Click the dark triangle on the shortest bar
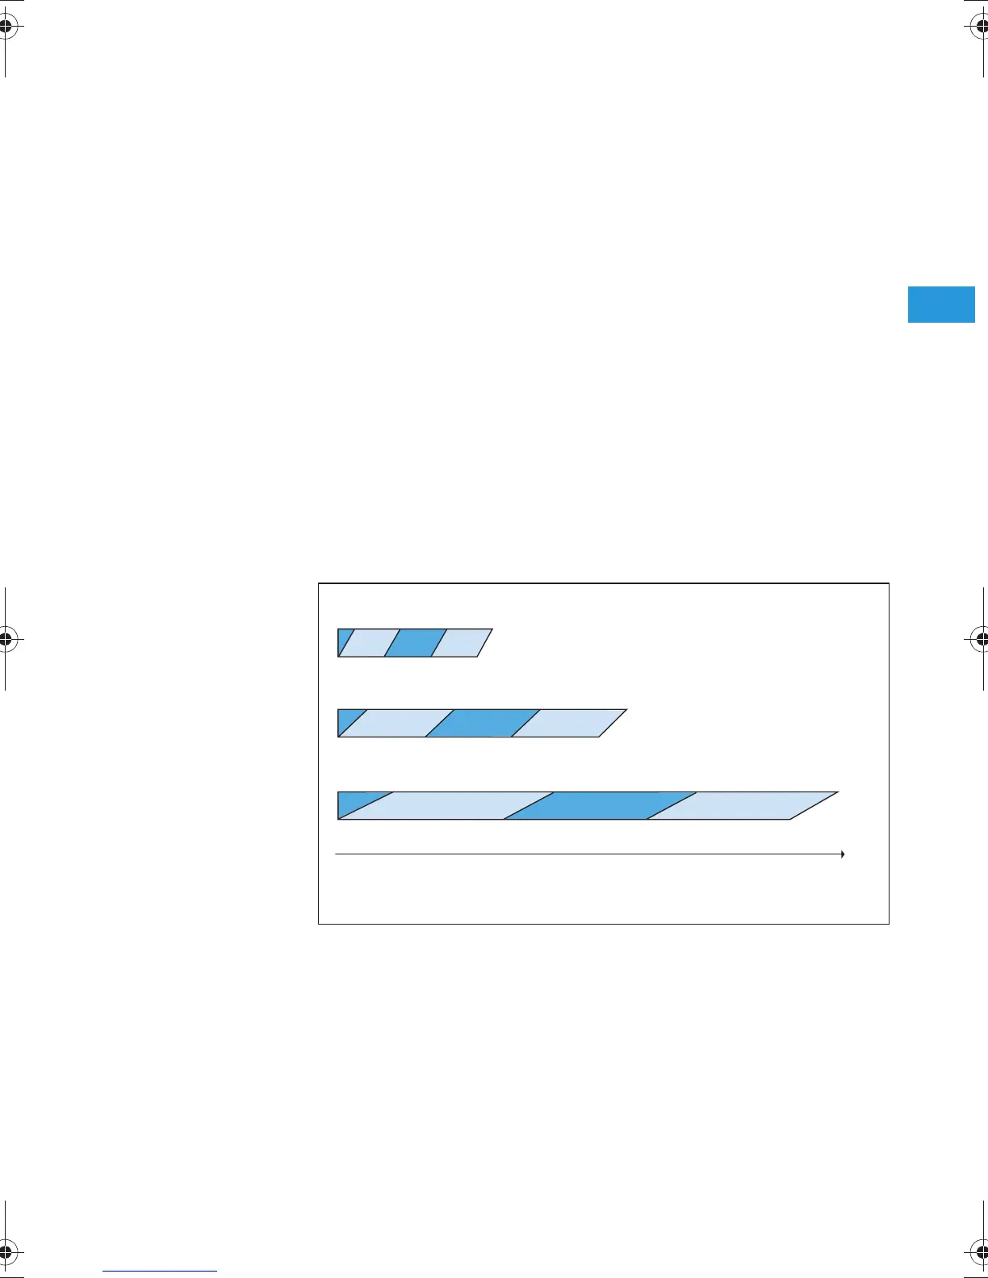coord(343,639)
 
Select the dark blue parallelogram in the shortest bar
coord(415,642)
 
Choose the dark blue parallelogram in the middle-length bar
coord(482,723)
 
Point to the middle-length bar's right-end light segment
coord(569,723)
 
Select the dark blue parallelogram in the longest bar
coord(600,806)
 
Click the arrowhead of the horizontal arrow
coord(842,854)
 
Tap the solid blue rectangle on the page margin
coord(941,304)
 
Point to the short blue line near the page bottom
coord(160,1271)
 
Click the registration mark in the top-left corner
coord(6,27)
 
